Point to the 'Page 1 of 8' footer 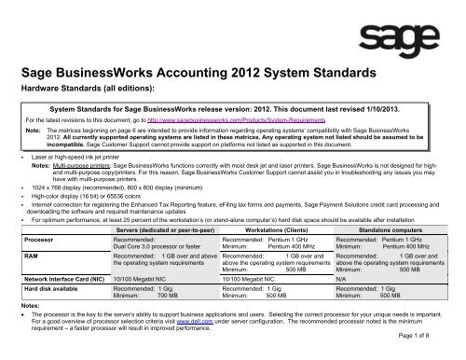click(x=433, y=352)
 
